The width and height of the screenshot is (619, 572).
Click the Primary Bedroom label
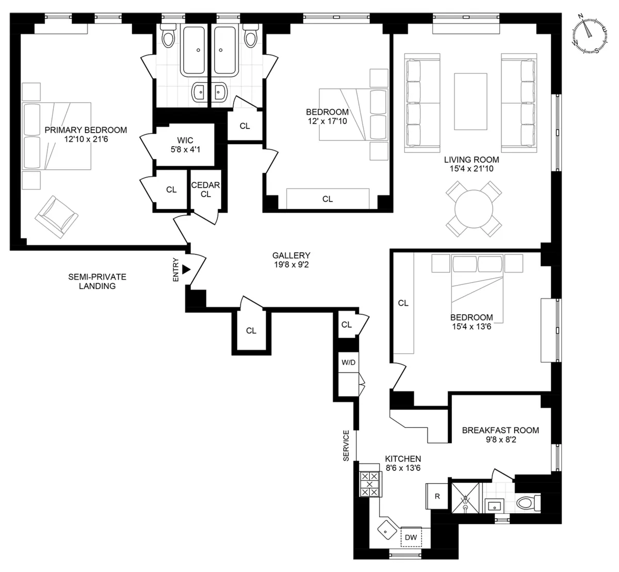pyautogui.click(x=86, y=130)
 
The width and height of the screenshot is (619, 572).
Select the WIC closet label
pyautogui.click(x=185, y=140)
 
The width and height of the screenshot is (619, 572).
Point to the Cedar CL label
pyautogui.click(x=206, y=189)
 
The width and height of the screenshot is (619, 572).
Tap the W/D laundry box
pyautogui.click(x=348, y=362)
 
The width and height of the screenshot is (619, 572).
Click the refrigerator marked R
pyautogui.click(x=437, y=497)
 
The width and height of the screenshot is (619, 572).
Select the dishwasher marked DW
pyautogui.click(x=411, y=537)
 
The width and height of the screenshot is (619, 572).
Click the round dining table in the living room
pyautogui.click(x=474, y=209)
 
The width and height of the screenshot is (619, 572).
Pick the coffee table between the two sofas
pyautogui.click(x=470, y=101)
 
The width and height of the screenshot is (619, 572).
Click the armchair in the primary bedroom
pyautogui.click(x=56, y=217)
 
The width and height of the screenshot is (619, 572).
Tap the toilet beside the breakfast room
pyautogui.click(x=527, y=501)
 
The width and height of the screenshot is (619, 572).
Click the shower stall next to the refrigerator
pyautogui.click(x=466, y=498)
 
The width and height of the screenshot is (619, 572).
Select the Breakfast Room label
pyautogui.click(x=500, y=430)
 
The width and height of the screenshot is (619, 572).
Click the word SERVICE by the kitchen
pyautogui.click(x=346, y=445)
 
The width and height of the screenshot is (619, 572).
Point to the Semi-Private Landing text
pyautogui.click(x=97, y=281)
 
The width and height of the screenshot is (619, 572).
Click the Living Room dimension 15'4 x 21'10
pyautogui.click(x=471, y=168)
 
